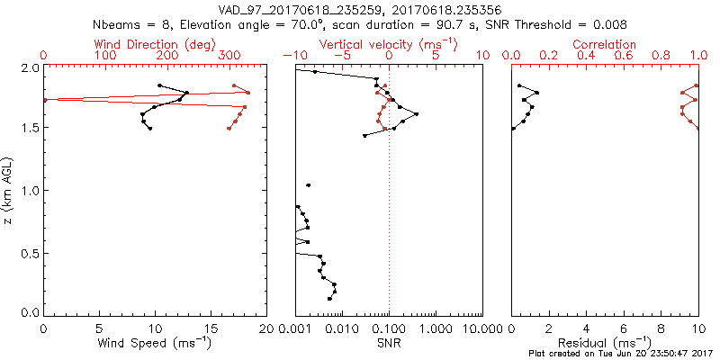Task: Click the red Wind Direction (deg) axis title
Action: point(156,44)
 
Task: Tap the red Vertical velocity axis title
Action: point(388,44)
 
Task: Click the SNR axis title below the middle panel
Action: point(389,342)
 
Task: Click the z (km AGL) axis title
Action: point(11,190)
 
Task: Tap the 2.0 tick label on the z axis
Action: point(30,67)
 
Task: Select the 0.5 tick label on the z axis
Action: point(30,253)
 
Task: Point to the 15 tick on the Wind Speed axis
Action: point(211,328)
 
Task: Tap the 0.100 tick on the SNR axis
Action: point(389,328)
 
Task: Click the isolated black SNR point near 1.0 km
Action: point(308,185)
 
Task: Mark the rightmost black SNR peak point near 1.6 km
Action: point(416,114)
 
